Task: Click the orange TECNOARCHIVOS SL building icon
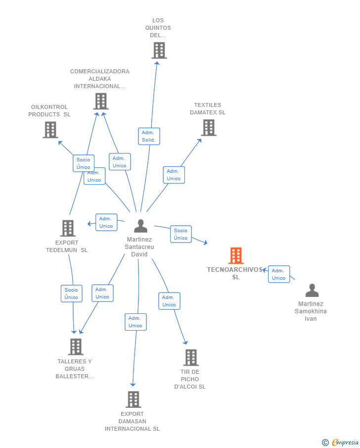[x=236, y=255]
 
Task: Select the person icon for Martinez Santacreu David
[x=141, y=226]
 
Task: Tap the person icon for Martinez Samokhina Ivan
[x=312, y=290]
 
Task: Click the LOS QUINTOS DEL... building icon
[x=159, y=50]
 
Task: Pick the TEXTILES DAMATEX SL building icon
[x=209, y=127]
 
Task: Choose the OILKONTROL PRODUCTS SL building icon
[x=50, y=130]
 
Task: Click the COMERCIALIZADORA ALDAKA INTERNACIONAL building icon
[x=101, y=101]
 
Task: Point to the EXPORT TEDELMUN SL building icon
[x=68, y=228]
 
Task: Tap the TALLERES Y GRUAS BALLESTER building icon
[x=75, y=347]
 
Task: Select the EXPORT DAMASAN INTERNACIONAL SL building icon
[x=133, y=399]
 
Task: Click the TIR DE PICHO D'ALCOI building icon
[x=191, y=357]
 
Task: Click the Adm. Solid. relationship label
[x=148, y=136]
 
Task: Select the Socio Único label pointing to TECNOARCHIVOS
[x=180, y=234]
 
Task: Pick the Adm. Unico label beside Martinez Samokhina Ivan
[x=279, y=274]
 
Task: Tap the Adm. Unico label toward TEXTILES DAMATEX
[x=174, y=175]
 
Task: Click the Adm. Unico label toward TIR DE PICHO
[x=169, y=301]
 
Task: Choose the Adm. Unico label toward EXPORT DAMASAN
[x=135, y=322]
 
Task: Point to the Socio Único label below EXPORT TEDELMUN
[x=71, y=294]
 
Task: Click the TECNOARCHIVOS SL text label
[x=235, y=273]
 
